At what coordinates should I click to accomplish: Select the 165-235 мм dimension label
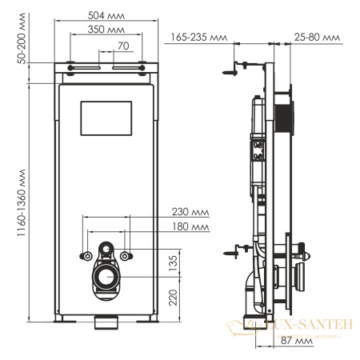tap(198, 37)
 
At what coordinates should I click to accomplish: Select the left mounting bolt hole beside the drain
tap(85, 256)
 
